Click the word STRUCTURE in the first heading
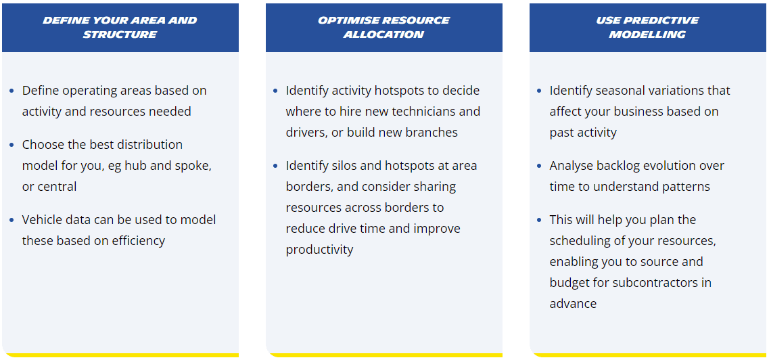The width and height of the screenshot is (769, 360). point(120,35)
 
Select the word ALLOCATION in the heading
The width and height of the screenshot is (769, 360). point(384,35)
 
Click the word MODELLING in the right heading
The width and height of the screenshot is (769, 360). point(647,35)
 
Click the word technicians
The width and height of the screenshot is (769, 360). point(418,112)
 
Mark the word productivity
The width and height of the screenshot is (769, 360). point(320,250)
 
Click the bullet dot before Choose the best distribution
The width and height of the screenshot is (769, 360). point(11,145)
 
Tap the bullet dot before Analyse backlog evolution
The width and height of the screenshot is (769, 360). point(540,166)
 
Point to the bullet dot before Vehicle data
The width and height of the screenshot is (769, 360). point(11,220)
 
